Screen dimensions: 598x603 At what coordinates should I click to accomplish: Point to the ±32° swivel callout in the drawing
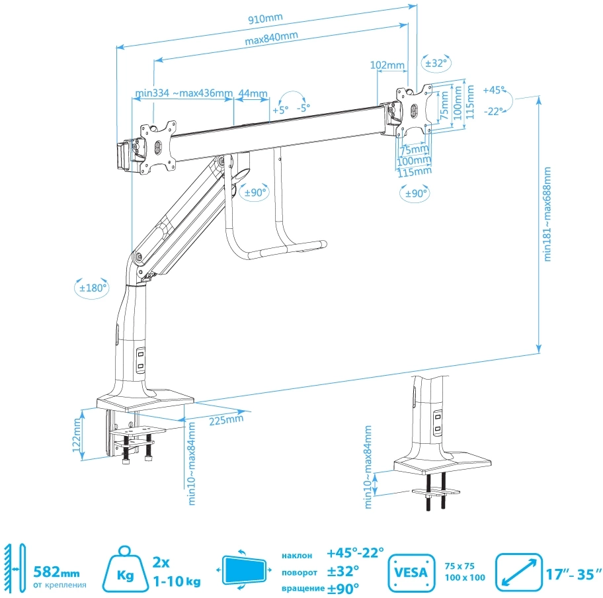(435, 64)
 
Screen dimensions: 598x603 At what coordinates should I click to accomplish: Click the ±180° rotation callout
(91, 288)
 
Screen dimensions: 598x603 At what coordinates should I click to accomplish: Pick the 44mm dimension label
(252, 93)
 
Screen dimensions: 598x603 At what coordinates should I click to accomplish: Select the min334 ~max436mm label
(183, 93)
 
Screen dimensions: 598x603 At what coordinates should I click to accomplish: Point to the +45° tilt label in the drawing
(493, 89)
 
